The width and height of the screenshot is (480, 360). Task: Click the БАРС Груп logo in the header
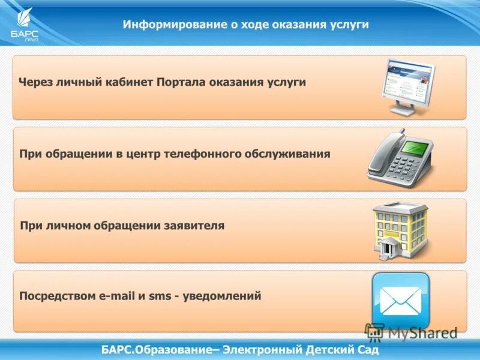24,25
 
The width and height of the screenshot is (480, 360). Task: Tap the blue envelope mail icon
400,301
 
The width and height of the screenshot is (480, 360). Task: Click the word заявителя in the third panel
193,226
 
